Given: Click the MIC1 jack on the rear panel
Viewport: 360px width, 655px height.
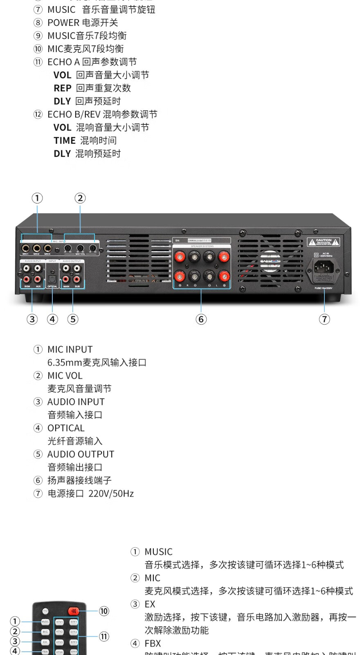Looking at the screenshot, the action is click(x=26, y=248).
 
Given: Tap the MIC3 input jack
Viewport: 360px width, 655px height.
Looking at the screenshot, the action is click(x=47, y=248).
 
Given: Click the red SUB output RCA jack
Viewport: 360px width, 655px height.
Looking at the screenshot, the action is click(x=77, y=279).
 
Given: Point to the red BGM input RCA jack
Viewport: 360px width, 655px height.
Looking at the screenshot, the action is click(x=27, y=279).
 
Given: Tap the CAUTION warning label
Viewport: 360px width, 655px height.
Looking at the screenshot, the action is click(x=324, y=242).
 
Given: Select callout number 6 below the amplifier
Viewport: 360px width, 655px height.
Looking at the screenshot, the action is click(x=201, y=319).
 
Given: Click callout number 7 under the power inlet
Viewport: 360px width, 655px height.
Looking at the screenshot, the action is click(x=324, y=319).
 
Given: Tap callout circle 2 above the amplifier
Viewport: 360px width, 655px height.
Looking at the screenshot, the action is click(x=80, y=198).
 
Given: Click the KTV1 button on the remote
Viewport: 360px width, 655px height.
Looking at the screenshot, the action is click(x=60, y=622).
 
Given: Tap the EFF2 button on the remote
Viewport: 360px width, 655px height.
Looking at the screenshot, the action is click(x=74, y=632).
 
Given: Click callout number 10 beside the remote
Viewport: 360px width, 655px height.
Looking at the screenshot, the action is click(x=104, y=611).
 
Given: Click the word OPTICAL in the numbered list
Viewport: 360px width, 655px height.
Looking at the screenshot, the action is click(x=66, y=428).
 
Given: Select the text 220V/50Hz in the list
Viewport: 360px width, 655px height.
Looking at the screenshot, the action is click(x=111, y=494).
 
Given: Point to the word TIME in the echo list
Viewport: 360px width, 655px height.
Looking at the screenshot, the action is click(x=65, y=141).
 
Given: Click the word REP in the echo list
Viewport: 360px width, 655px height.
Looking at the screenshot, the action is click(x=63, y=88).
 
